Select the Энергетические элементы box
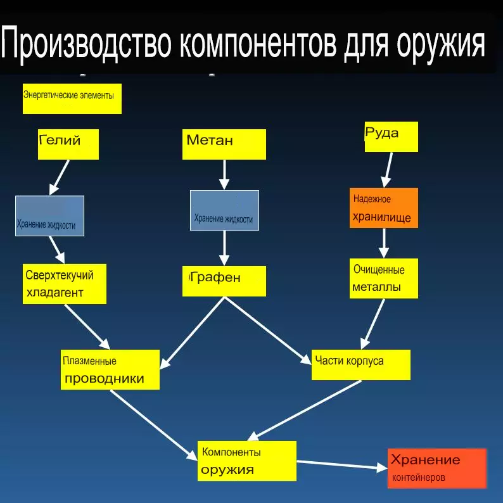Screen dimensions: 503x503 [72, 99]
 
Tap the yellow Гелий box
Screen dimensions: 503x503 [68, 144]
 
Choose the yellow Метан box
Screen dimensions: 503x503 [224, 144]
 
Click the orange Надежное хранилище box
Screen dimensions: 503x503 [383, 208]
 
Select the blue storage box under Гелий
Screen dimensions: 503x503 [50, 216]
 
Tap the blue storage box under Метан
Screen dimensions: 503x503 [224, 211]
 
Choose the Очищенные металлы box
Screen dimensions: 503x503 [383, 278]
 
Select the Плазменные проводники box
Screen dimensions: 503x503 [110, 369]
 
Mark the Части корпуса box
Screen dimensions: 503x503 [360, 364]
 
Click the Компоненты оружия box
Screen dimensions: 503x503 [246, 461]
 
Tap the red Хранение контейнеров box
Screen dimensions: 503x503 [436, 468]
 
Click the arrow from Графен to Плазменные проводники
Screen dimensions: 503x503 [193, 332]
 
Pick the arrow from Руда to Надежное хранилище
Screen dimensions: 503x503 [387, 169]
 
